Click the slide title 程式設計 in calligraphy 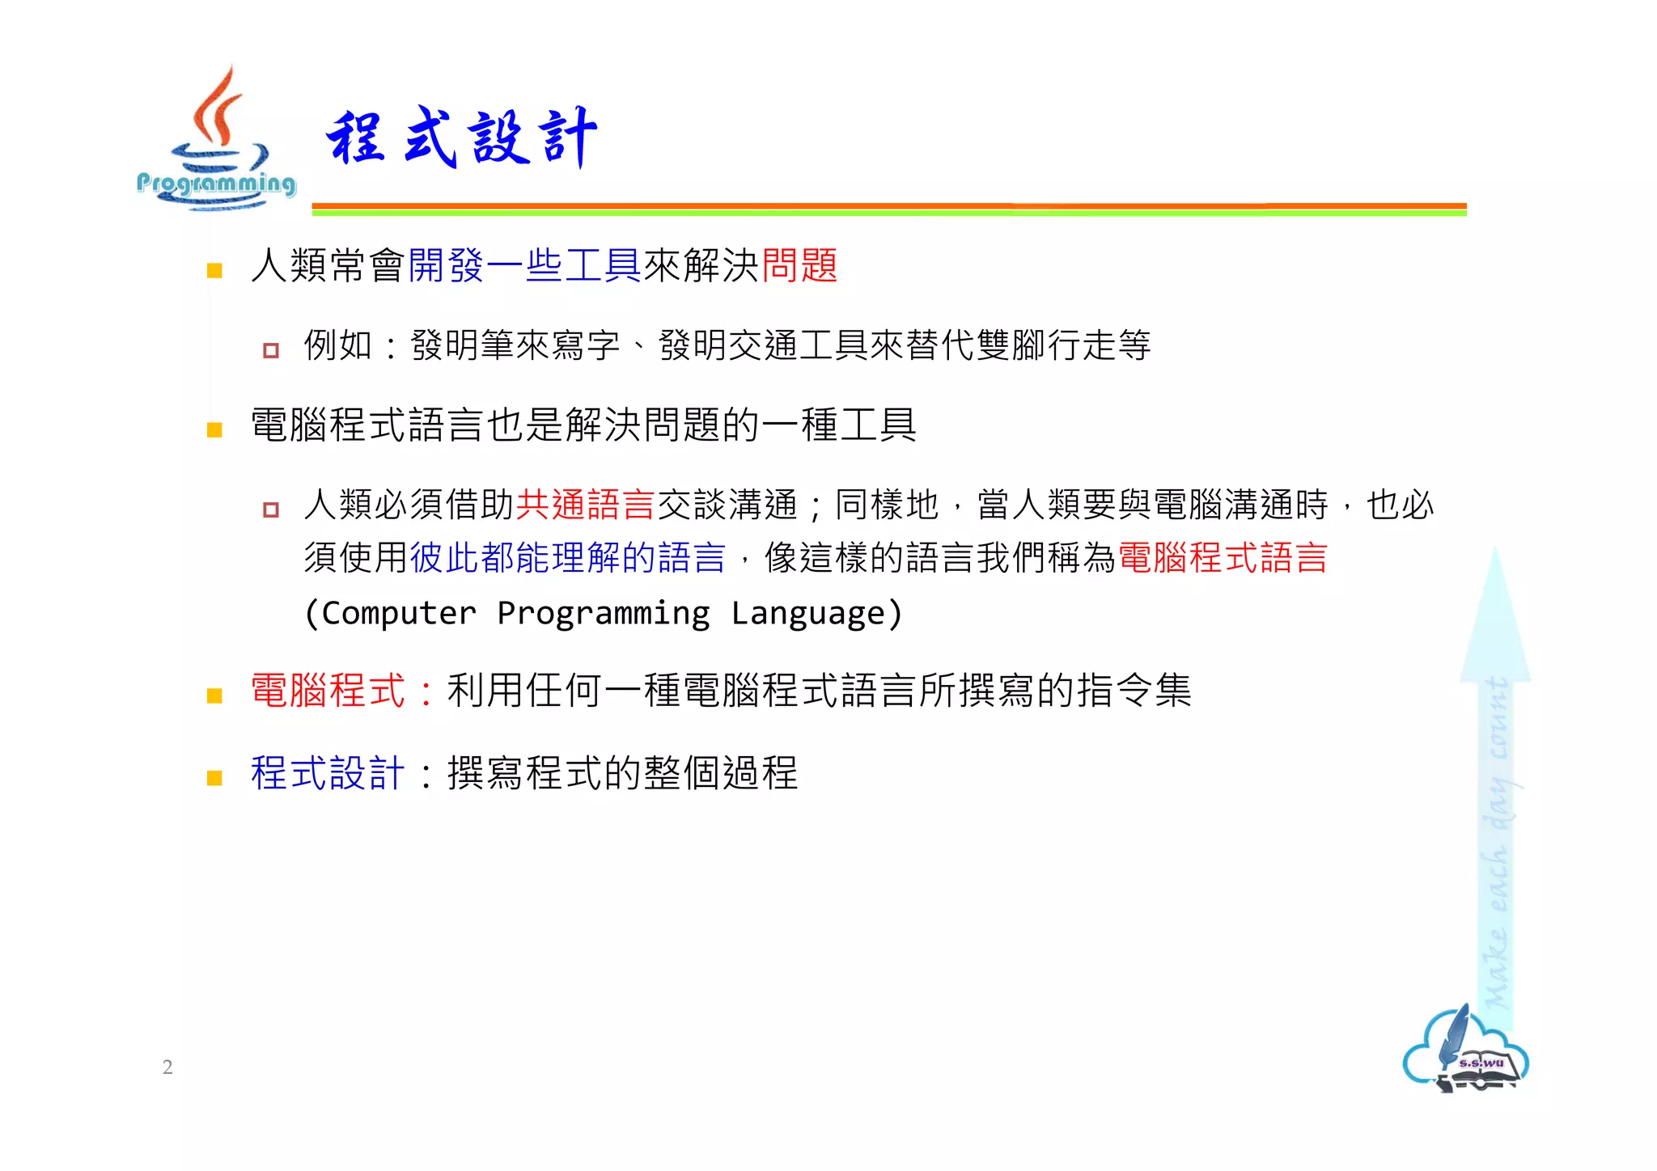point(461,137)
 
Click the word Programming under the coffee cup point(216,184)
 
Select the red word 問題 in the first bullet point(799,265)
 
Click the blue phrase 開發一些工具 point(525,265)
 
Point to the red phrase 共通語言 point(585,505)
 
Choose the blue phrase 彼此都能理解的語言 point(568,558)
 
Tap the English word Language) point(817,613)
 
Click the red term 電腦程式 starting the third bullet point(328,691)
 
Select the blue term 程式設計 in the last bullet point(328,773)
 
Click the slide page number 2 point(167,1067)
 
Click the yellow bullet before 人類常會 point(214,271)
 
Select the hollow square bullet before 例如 point(271,350)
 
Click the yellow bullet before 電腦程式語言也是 point(214,430)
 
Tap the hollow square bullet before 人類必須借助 point(271,509)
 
